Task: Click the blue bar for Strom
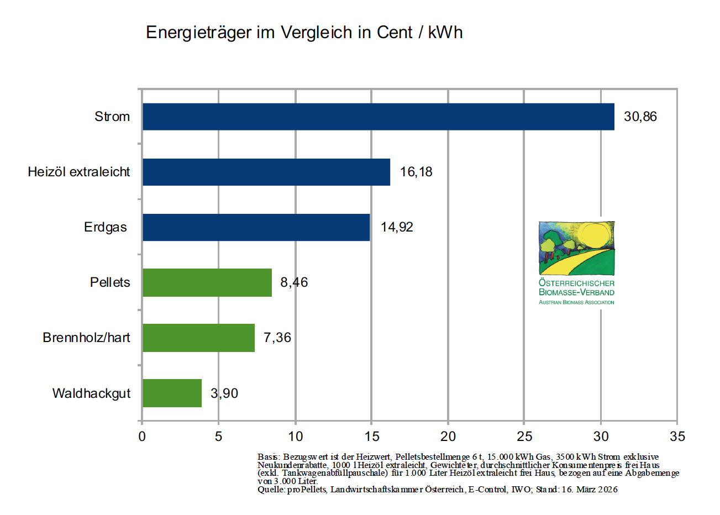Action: (378, 117)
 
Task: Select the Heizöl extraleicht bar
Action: (266, 172)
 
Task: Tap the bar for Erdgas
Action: (256, 227)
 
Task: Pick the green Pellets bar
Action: (207, 282)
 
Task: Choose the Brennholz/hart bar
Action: (198, 338)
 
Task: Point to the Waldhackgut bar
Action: (172, 393)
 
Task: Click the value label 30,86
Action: (640, 117)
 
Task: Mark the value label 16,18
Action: (416, 172)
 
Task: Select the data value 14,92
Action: (397, 227)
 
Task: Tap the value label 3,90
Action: (224, 393)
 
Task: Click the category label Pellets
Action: (110, 282)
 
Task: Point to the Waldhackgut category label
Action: (91, 393)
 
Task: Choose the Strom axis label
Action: (112, 117)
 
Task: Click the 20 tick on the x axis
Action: (448, 437)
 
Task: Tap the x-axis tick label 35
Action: (677, 437)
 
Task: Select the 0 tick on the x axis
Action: (142, 437)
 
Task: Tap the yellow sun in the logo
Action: (595, 235)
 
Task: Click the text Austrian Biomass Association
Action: (576, 302)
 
